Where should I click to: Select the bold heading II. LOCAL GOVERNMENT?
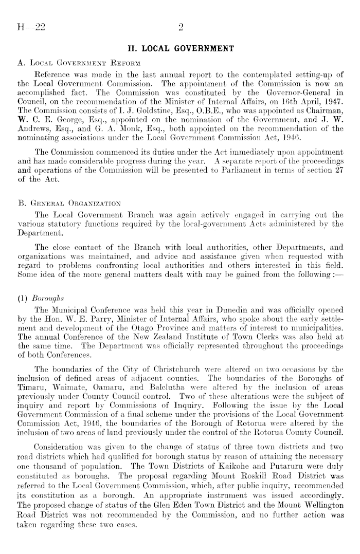pyautogui.click(x=181, y=49)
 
